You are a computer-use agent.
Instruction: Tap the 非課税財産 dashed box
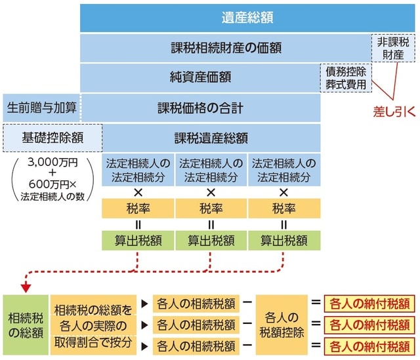pyautogui.click(x=393, y=48)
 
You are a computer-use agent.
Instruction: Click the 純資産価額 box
pyautogui.click(x=200, y=77)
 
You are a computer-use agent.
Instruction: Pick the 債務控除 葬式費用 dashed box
pyautogui.click(x=345, y=77)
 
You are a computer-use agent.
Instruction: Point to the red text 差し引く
pyautogui.click(x=394, y=111)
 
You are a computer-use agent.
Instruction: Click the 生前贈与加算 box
pyautogui.click(x=41, y=107)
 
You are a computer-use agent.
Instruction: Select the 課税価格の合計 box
pyautogui.click(x=200, y=107)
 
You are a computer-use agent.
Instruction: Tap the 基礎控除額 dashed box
pyautogui.click(x=53, y=138)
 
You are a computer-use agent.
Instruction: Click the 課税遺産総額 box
pyautogui.click(x=211, y=138)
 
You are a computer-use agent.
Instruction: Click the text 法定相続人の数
pyautogui.click(x=52, y=195)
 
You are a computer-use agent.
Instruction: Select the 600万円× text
pyautogui.click(x=52, y=184)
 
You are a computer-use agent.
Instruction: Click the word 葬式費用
pyautogui.click(x=345, y=84)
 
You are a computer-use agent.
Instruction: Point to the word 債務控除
pyautogui.click(x=345, y=71)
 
